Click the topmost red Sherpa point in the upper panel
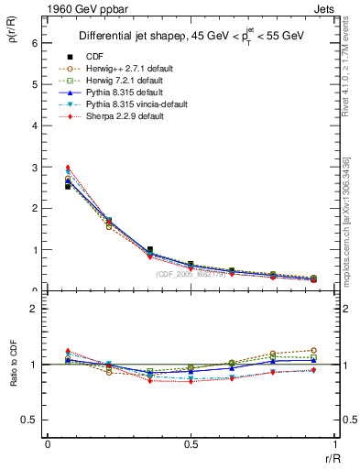click(x=68, y=168)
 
